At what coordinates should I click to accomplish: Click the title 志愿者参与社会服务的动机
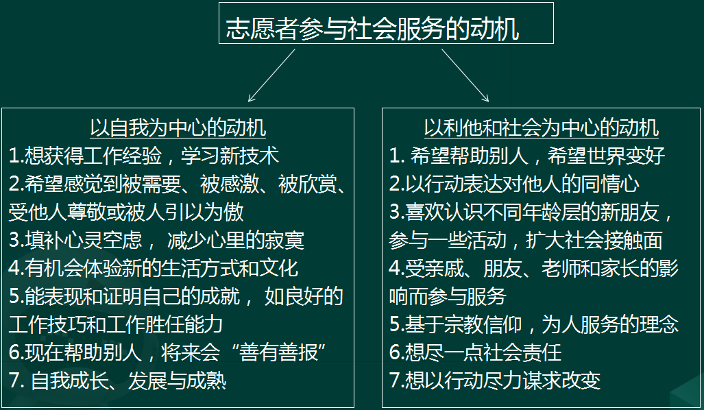coord(372,29)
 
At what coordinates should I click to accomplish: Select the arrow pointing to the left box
coord(271,75)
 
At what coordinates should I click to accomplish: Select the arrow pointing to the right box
coord(465,75)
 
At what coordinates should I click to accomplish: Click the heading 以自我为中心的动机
coord(178,128)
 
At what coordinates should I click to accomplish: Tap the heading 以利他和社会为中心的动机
coord(542,128)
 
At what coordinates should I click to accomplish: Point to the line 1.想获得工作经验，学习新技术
coord(144,156)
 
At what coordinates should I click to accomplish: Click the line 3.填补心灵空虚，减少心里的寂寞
coord(157,240)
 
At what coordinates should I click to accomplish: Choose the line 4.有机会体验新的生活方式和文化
coord(154,268)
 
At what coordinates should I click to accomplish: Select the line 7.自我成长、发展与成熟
coord(118,381)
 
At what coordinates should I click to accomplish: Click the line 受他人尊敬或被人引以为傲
coord(126,212)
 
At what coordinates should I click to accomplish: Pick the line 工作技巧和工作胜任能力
coord(116,324)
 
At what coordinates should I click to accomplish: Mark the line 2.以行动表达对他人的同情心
coord(515,184)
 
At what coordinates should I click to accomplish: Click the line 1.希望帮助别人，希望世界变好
coord(527,156)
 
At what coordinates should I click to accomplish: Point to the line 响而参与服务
coord(448,296)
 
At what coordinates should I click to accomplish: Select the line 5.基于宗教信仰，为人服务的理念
coord(534,324)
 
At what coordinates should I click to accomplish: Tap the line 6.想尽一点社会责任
coord(476,352)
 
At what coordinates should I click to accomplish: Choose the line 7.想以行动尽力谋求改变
coord(495,381)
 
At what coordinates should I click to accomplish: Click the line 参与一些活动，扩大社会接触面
coord(526,240)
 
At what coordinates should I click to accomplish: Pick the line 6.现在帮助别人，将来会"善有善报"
coord(167,352)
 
